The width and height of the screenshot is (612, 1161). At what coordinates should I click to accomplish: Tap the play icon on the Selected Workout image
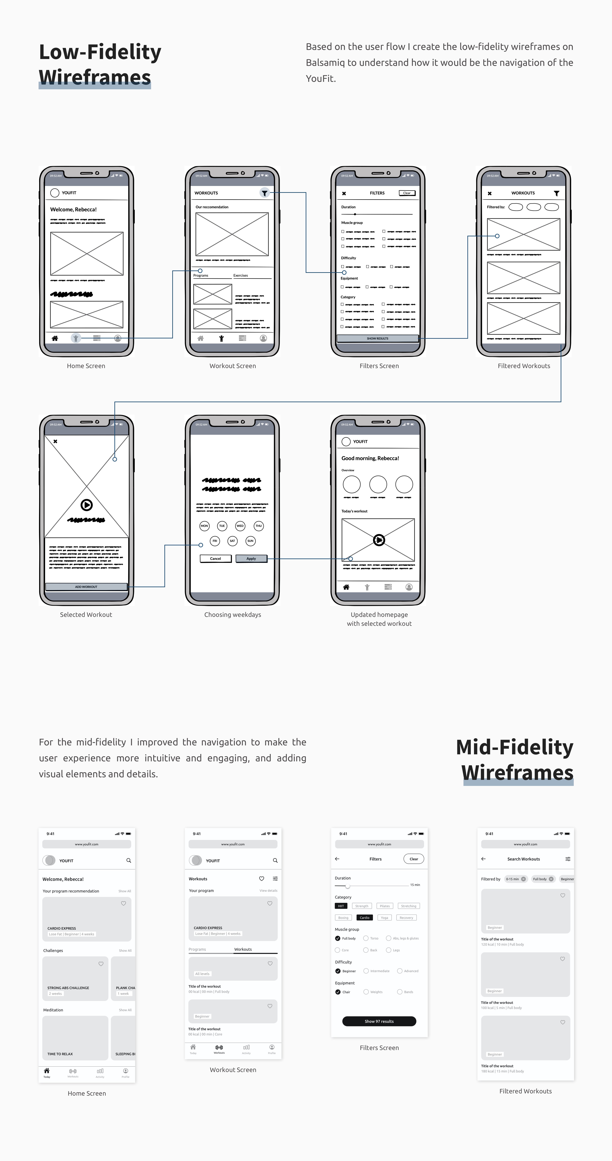[87, 505]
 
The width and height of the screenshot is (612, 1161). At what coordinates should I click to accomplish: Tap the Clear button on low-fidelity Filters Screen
[407, 193]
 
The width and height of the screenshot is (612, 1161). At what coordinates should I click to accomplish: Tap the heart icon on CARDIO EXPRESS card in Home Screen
[123, 903]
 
